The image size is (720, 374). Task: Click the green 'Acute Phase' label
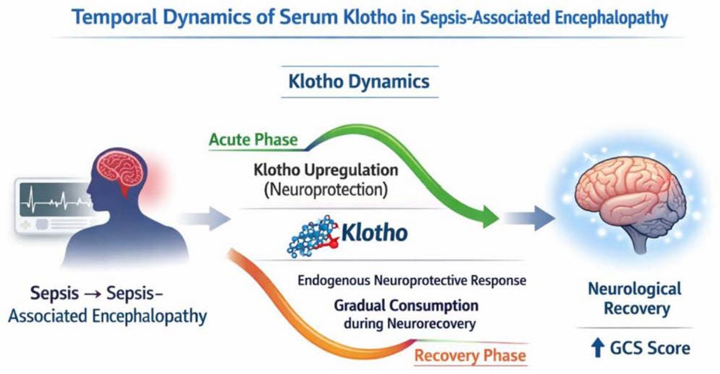coord(253,140)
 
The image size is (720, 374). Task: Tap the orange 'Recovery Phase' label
coord(470,355)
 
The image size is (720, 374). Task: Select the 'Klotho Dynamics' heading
coord(359,82)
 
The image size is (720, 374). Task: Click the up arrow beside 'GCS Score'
coord(597,348)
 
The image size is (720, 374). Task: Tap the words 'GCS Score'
coord(650,348)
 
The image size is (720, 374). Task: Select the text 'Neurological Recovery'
coord(635,299)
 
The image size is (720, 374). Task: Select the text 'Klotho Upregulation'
coord(326,170)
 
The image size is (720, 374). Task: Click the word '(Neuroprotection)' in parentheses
coord(326,190)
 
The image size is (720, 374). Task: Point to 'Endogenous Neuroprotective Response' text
coord(411,280)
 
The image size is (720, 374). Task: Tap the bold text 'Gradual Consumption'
coord(406,305)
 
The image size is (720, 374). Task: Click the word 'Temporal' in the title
coord(115,17)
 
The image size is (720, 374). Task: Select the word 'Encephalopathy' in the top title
coord(611,18)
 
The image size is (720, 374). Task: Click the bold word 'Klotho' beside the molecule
coord(374,233)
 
